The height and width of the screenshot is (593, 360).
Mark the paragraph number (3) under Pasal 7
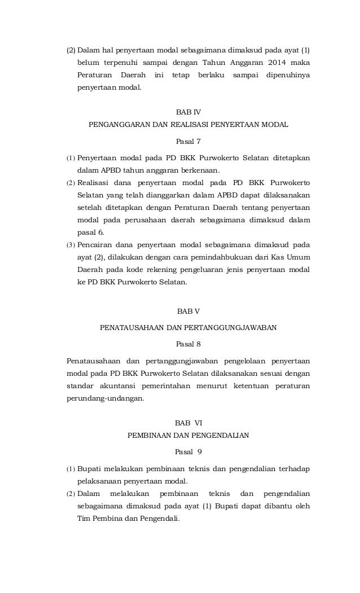(x=71, y=245)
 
